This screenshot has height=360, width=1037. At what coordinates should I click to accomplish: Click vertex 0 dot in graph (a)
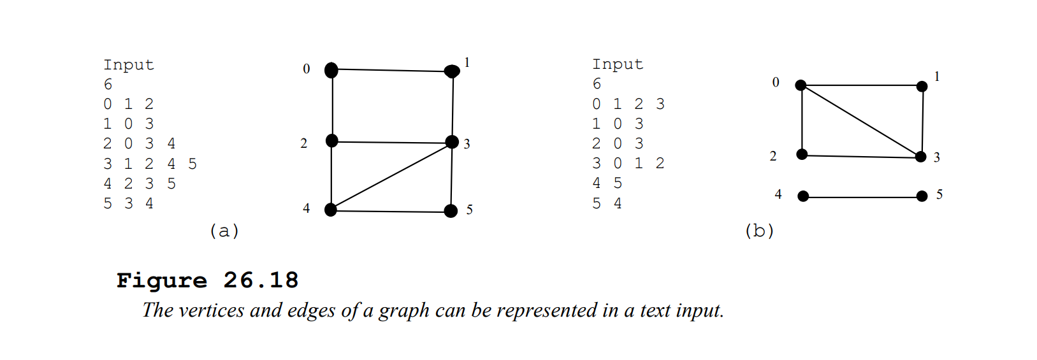click(331, 69)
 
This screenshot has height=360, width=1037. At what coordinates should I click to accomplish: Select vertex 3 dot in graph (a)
click(452, 141)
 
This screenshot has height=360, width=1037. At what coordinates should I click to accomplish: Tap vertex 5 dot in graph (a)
click(451, 211)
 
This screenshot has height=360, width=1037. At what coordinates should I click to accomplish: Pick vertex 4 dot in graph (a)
click(331, 209)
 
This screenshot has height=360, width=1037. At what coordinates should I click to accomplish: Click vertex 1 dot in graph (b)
click(922, 86)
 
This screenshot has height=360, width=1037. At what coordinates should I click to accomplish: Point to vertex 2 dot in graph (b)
click(802, 154)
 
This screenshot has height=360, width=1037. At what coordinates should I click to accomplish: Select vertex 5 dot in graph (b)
click(922, 196)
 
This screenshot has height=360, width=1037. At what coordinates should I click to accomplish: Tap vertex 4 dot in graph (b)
click(803, 196)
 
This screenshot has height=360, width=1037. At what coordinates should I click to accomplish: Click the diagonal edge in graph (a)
click(391, 176)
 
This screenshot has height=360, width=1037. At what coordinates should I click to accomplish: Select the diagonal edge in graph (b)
click(860, 121)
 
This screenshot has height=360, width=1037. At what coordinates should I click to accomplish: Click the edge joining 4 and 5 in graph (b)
click(862, 197)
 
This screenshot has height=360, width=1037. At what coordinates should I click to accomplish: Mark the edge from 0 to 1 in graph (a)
click(391, 70)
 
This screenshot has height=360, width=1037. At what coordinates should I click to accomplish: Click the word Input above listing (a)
click(129, 65)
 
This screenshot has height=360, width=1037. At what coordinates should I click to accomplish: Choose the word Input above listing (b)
click(618, 64)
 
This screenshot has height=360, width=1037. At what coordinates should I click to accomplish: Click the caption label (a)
click(224, 231)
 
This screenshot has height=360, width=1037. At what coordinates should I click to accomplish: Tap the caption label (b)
click(759, 231)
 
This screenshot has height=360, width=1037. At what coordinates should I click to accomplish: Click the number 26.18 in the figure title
click(261, 280)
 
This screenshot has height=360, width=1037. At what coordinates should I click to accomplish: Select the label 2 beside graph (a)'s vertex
click(304, 143)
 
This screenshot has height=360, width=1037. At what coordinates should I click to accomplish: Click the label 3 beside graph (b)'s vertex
click(937, 157)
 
